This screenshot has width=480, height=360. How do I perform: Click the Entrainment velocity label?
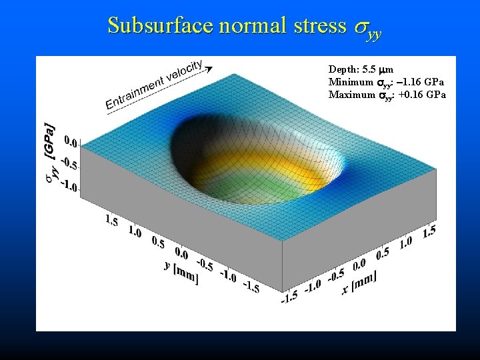pyautogui.click(x=153, y=85)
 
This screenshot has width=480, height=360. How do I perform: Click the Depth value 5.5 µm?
pyautogui.click(x=376, y=69)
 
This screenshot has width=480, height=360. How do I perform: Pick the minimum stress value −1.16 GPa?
pyautogui.click(x=419, y=82)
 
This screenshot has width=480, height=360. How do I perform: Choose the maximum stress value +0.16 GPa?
pyautogui.click(x=420, y=95)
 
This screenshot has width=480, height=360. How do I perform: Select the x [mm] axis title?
pyautogui.click(x=360, y=283)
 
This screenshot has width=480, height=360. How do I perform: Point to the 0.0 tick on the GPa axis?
pyautogui.click(x=71, y=141)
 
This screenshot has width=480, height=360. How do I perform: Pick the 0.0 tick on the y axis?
pyautogui.click(x=181, y=253)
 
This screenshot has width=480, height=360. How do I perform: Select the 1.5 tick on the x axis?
pyautogui.click(x=429, y=231)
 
